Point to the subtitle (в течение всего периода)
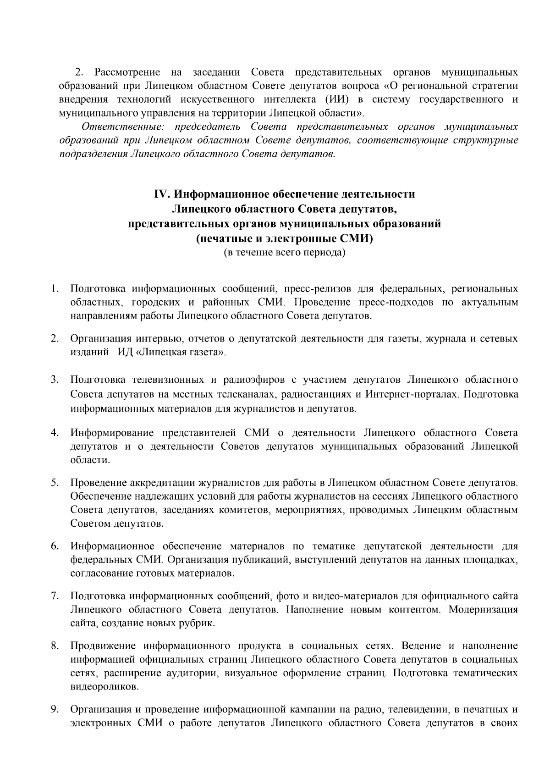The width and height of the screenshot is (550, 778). coord(284,253)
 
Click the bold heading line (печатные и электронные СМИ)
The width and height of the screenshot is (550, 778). coord(284,238)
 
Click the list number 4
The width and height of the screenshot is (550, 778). coord(54,433)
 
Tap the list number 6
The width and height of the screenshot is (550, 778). coord(54,546)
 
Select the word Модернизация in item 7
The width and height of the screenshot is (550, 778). coord(483,610)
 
